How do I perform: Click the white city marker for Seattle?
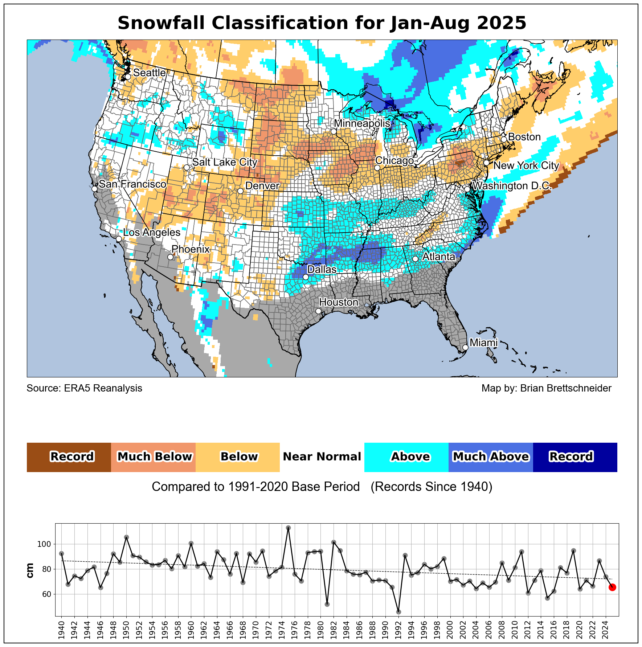point(128,77)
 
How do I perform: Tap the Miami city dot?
point(465,347)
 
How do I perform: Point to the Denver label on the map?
point(262,186)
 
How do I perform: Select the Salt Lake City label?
point(225,162)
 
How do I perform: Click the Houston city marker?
point(318,311)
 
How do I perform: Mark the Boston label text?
point(524,137)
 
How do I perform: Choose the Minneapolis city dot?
point(334,131)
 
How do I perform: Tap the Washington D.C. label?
point(512,186)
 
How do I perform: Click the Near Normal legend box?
point(322,457)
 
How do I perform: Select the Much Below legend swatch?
point(154,457)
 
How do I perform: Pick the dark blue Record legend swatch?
point(575,457)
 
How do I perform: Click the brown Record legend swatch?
point(69,457)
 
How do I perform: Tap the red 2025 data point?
point(612,587)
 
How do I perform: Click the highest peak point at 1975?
point(288,528)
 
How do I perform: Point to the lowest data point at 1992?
point(398,612)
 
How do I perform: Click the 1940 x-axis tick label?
point(61,629)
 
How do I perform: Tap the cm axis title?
point(30,570)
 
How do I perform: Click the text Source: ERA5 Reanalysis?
point(85,388)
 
